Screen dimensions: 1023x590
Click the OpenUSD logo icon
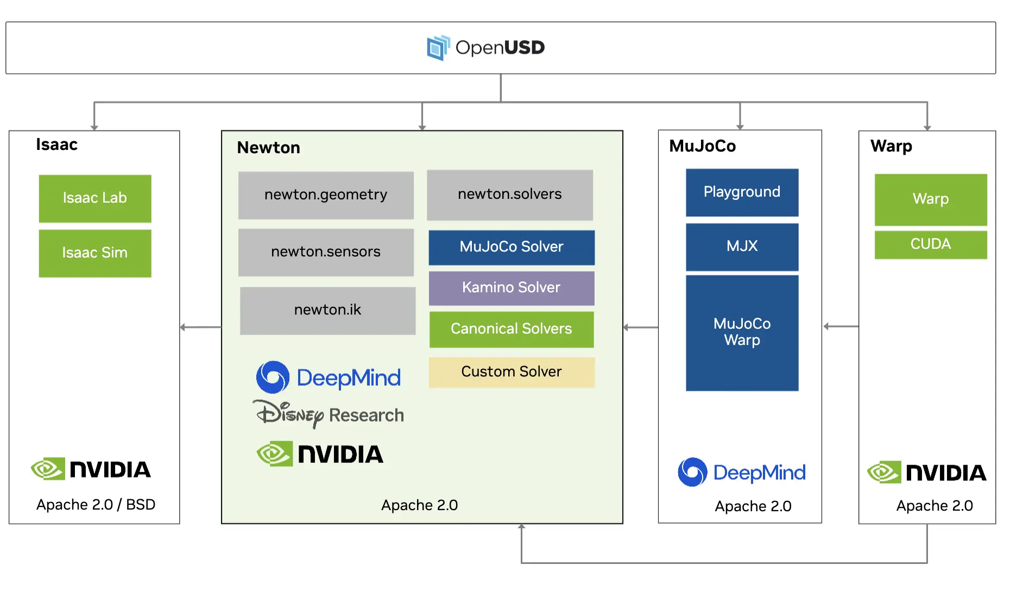pos(438,48)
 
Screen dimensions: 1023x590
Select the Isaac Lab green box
pos(95,198)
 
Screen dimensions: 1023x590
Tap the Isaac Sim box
pos(95,253)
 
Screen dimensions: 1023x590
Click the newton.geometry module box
pos(326,195)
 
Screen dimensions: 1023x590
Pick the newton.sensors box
pos(326,252)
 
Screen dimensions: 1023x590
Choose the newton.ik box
pos(327,310)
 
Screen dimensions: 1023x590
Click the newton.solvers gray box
pos(510,194)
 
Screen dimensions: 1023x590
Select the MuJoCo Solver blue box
pos(512,247)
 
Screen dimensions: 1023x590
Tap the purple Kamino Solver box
pos(512,288)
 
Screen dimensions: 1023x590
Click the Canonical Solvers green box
pos(512,329)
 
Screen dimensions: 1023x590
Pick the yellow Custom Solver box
pos(512,372)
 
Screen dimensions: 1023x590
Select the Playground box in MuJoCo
pos(742,192)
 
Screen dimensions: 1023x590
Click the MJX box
pos(742,247)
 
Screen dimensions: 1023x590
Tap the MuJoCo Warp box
pos(742,332)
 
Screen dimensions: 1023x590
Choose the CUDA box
pos(931,244)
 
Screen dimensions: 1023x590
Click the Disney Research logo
pos(329,415)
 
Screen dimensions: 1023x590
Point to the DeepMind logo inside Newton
pos(329,377)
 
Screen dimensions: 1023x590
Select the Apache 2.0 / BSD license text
pos(96,505)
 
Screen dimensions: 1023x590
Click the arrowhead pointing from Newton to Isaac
pos(183,327)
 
